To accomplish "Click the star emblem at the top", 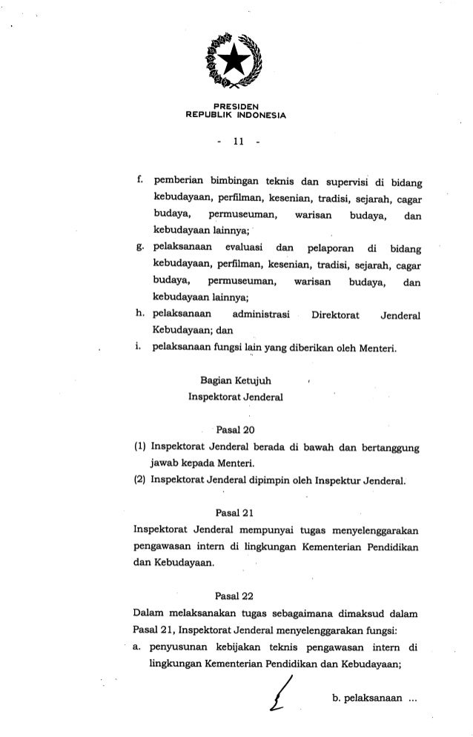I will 236,59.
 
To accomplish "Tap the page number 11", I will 235,139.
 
